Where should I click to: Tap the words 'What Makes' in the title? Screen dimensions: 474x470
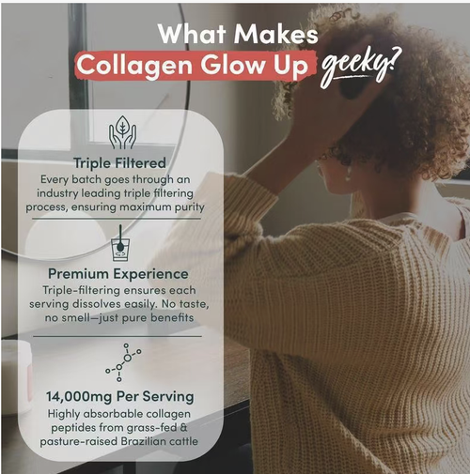pos(237,34)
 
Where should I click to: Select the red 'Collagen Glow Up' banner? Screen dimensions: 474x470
pos(193,66)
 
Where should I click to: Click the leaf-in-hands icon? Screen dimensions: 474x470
pos(122,133)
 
